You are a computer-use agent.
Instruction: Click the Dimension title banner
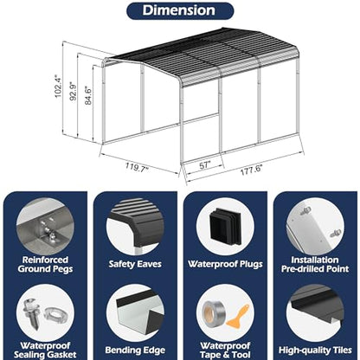[x=180, y=10]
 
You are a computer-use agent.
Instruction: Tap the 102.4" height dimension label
[x=58, y=87]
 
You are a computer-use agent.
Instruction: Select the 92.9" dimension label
[x=74, y=91]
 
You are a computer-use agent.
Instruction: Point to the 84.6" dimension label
[x=87, y=95]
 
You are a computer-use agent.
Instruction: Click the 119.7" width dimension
[x=137, y=167]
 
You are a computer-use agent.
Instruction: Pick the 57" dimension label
[x=205, y=165]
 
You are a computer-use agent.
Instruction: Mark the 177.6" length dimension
[x=252, y=170]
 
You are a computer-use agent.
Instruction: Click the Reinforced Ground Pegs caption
[x=45, y=264]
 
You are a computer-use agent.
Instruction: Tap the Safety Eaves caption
[x=135, y=264]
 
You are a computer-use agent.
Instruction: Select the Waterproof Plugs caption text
[x=225, y=264]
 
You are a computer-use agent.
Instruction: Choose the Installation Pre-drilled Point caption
[x=315, y=264]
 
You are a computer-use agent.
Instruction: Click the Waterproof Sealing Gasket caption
[x=45, y=350]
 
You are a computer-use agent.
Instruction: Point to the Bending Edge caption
[x=135, y=350]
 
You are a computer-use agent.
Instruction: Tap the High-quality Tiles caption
[x=315, y=350]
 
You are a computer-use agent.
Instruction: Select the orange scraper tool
[x=238, y=317]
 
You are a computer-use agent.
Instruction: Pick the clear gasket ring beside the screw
[x=56, y=313]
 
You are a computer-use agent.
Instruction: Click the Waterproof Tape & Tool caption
[x=225, y=350]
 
